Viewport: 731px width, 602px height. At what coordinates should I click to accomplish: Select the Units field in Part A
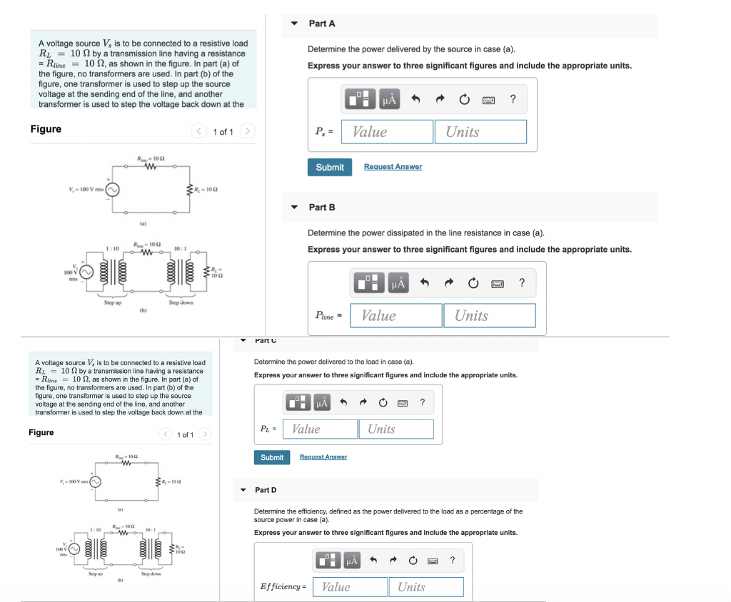[x=480, y=132]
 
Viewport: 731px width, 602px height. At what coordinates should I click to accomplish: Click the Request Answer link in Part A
[x=393, y=167]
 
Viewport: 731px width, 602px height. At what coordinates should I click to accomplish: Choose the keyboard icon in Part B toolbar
[x=498, y=284]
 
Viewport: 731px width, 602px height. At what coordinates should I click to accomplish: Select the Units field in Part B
[x=490, y=316]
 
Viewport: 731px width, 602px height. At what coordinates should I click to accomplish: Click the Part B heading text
[x=321, y=208]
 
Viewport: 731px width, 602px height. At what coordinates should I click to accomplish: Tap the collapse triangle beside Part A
[x=294, y=24]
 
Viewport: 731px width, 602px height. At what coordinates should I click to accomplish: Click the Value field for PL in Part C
[x=321, y=429]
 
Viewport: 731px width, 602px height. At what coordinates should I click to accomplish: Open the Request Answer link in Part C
[x=323, y=457]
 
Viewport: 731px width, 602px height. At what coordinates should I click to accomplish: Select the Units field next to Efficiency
[x=426, y=587]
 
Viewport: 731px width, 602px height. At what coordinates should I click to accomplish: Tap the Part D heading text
[x=266, y=490]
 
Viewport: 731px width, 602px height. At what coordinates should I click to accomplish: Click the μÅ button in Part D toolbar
[x=353, y=561]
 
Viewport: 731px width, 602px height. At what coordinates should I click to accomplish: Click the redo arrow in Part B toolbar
[x=448, y=284]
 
